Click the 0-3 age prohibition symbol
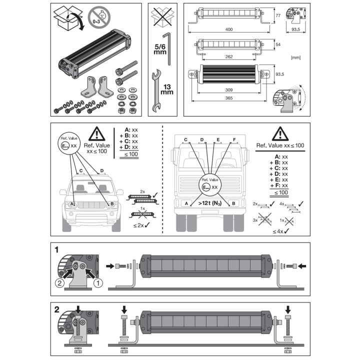coord(99,17)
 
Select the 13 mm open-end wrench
coord(156,90)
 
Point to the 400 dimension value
coord(229,29)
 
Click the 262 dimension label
coord(229,56)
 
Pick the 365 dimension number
coord(229,98)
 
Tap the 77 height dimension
coord(278,15)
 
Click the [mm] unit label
coord(295,57)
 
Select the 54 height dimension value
coord(278,44)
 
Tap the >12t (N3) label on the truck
coord(210,203)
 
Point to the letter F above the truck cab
coord(234,139)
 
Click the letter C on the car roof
coord(81,171)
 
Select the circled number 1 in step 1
coord(98,283)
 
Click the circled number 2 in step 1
coord(59,283)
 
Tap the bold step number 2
coord(56,309)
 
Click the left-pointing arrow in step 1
coord(302,266)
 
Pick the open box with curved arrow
coord(68,18)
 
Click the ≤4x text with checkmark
coord(281,231)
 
